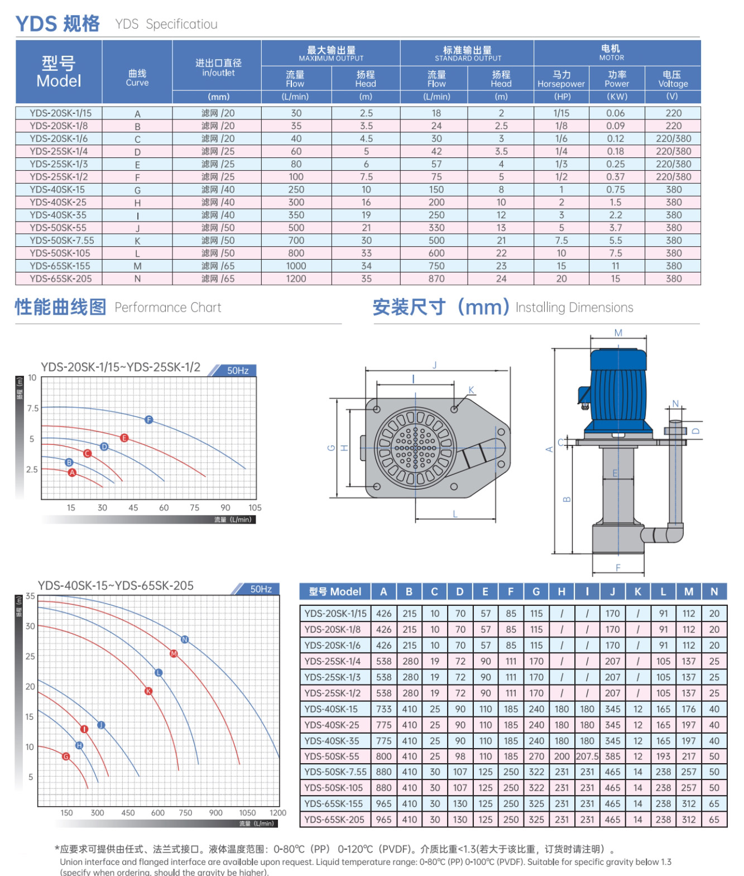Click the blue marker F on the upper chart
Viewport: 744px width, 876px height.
click(148, 420)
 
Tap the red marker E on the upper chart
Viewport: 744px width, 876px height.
click(124, 438)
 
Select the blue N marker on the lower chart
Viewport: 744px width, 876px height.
click(185, 639)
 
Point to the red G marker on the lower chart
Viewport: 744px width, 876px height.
click(66, 757)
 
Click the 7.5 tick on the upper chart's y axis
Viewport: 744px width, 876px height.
click(32, 408)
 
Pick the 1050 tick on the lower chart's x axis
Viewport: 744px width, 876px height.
click(247, 813)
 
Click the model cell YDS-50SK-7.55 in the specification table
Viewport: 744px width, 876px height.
click(61, 241)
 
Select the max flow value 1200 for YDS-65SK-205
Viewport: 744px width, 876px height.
click(296, 279)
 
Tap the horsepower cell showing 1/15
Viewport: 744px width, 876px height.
click(561, 113)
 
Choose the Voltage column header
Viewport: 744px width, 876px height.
click(673, 79)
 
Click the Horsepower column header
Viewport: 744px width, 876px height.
click(561, 79)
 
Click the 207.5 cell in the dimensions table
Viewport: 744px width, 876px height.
click(587, 757)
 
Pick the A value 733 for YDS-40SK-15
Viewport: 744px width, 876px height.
click(383, 709)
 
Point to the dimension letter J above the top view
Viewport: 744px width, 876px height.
click(434, 365)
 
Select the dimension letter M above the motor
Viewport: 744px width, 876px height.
click(618, 333)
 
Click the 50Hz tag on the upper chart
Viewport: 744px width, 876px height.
click(238, 371)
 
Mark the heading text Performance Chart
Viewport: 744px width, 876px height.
click(167, 308)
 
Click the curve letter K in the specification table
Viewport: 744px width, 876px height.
click(137, 241)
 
